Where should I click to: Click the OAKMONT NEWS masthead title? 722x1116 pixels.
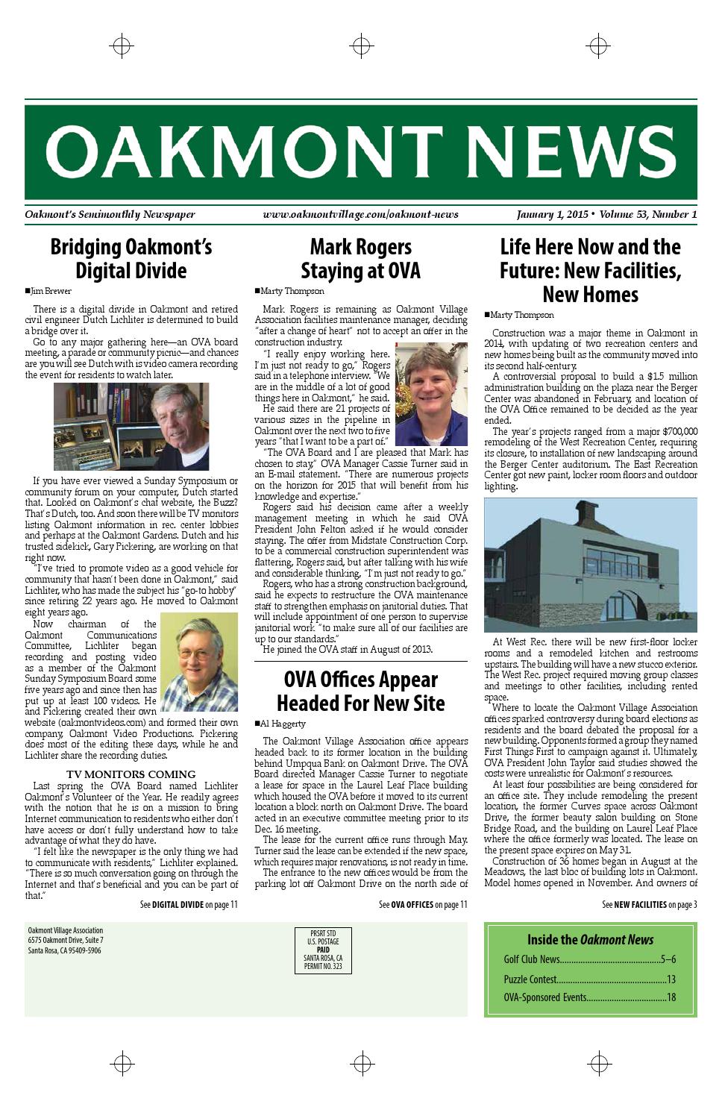361,152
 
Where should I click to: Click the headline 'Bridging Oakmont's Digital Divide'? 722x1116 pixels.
131,258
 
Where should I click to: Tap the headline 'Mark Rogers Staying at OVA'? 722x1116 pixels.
361,258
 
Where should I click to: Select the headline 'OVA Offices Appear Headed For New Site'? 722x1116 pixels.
361,691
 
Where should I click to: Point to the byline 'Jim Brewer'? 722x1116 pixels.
48,292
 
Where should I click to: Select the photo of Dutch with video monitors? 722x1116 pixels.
131,426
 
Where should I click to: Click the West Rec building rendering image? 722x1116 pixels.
590,565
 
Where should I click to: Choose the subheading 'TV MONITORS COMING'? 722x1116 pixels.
131,774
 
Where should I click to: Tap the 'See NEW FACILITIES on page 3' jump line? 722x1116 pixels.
649,905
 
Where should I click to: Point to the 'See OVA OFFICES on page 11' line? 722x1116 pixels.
423,905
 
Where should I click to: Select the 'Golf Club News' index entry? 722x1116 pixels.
589,959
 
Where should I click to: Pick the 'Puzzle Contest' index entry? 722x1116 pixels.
589,979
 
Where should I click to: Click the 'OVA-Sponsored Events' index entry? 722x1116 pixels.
589,997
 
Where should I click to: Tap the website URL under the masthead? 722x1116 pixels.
360,215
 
